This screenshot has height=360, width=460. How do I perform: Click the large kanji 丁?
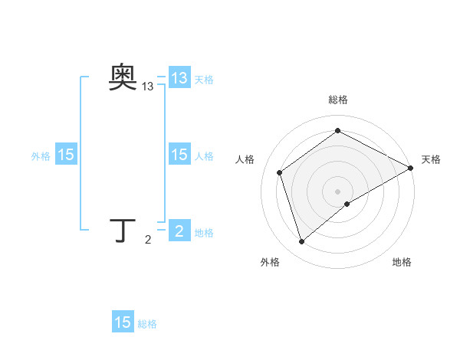[x=123, y=230]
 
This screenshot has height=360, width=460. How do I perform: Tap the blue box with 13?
[x=179, y=78]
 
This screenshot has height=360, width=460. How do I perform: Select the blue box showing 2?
[x=179, y=231]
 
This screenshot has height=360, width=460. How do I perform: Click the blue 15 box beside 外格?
[x=66, y=155]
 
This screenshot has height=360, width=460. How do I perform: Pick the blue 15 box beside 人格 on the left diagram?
[x=179, y=155]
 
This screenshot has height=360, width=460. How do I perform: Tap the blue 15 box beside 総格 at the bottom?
[x=123, y=322]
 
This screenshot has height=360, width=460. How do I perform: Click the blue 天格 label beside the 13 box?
[x=204, y=79]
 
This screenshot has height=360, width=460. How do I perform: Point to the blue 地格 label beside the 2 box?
[x=204, y=233]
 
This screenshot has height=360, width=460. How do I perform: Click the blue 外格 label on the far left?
[x=41, y=155]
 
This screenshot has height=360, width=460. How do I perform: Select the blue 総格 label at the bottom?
[x=147, y=324]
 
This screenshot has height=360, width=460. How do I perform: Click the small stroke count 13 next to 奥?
[x=147, y=87]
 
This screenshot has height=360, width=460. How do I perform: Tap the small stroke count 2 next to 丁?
[x=148, y=241]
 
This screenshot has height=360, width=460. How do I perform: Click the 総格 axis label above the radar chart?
[x=337, y=100]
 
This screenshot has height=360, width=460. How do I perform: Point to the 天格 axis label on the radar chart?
[x=431, y=159]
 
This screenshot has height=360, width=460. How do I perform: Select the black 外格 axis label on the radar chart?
[x=270, y=262]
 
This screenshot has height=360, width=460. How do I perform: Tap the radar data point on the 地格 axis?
[x=347, y=204]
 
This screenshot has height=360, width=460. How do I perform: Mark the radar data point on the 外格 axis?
[x=301, y=242]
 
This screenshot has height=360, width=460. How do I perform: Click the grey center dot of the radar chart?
[x=337, y=191]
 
